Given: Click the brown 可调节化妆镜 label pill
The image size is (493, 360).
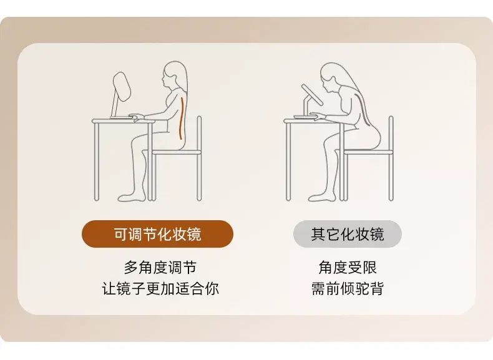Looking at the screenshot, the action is click(157, 234).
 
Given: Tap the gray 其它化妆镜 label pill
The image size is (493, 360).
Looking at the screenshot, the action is click(348, 234).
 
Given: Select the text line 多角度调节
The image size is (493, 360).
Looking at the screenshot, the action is click(160, 268).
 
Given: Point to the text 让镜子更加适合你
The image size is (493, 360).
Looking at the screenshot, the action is click(160, 289).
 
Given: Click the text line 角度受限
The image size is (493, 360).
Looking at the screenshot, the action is click(348, 268).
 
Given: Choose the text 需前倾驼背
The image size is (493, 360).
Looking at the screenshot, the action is click(348, 289).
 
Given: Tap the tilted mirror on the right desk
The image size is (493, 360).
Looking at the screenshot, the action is click(312, 94).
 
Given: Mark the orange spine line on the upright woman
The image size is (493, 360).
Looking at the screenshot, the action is click(181, 118).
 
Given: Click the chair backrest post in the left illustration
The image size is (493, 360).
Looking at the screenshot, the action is click(199, 158).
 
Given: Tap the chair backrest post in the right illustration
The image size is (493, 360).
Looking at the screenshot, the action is click(391, 158).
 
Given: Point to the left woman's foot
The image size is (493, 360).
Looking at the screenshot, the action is click(132, 197).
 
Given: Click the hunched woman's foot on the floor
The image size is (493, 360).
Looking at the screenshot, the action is click(322, 197).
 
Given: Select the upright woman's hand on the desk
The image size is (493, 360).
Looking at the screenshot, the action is click(137, 117).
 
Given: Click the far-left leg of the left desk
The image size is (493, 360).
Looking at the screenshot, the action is click(97, 162).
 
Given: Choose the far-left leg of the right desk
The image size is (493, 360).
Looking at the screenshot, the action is click(288, 162).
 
